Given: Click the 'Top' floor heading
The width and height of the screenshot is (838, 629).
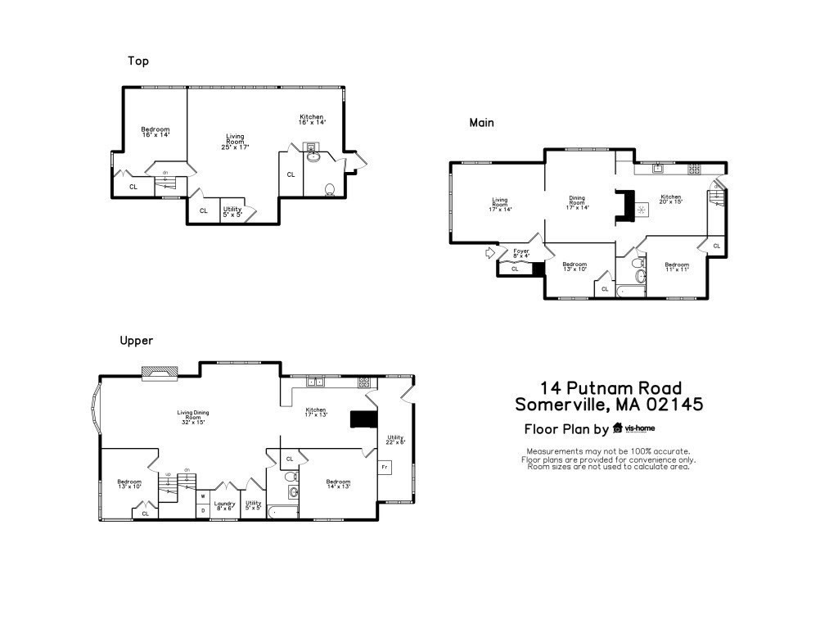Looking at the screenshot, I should (138, 61).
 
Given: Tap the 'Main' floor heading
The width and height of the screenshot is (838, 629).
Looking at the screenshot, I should (481, 122).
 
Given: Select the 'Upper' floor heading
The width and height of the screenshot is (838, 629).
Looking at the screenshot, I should (136, 340).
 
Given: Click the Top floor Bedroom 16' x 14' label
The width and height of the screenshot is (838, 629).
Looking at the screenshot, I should (155, 132).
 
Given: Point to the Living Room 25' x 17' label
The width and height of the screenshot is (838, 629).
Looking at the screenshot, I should (235, 142).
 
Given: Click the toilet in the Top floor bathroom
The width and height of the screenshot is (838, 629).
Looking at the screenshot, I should (330, 189).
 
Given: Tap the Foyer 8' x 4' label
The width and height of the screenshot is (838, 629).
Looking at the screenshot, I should (521, 253).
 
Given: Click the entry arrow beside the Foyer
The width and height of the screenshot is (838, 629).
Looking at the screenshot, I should (491, 252).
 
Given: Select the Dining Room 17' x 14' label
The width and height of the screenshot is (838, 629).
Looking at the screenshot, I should (577, 202).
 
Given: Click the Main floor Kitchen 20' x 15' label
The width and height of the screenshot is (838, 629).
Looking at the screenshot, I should (671, 199).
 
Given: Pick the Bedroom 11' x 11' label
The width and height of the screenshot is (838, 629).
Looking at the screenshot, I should (677, 266).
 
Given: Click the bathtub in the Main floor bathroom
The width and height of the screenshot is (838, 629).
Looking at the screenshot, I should (632, 290).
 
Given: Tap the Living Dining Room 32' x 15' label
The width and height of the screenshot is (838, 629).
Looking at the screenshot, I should (191, 416).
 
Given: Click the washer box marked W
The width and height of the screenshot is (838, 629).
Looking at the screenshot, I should (202, 496).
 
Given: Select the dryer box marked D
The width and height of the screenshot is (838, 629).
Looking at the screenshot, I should (202, 511).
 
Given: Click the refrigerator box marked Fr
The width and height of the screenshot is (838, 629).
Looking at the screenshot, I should (385, 467).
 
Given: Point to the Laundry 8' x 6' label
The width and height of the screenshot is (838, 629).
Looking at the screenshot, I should (224, 506).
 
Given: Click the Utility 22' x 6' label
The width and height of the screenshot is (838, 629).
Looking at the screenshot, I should (396, 440).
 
